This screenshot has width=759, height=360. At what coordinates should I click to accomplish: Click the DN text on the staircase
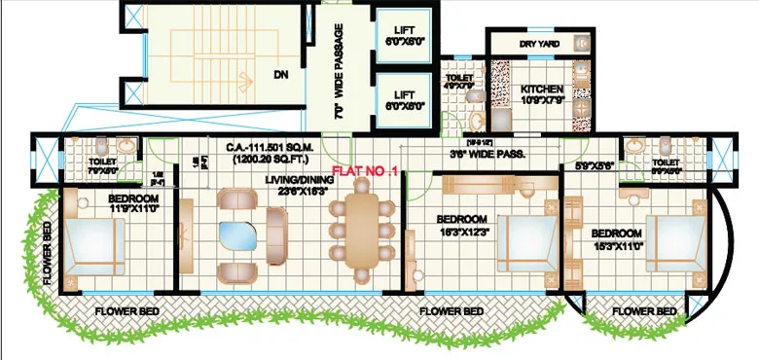click(280, 73)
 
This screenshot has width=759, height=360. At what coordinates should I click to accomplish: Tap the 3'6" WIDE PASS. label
click(488, 154)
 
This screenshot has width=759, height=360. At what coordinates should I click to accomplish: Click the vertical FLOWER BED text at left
click(48, 251)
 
